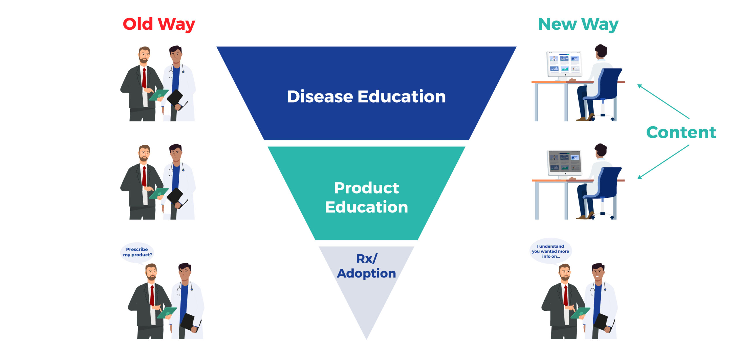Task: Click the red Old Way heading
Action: point(159,24)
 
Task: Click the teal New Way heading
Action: point(578,24)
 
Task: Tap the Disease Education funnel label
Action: point(366,96)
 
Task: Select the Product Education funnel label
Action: point(366,197)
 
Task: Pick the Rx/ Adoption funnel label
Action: point(366,266)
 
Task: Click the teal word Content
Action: point(681,132)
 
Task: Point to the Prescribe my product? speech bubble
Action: point(137,252)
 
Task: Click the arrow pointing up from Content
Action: point(663,101)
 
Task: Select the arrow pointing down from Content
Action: point(663,162)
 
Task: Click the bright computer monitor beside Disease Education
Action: point(564,64)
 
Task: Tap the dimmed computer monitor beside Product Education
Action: point(564,163)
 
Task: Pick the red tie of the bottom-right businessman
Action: point(566,295)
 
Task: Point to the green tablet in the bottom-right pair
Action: point(580,313)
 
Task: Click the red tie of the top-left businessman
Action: point(144,78)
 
